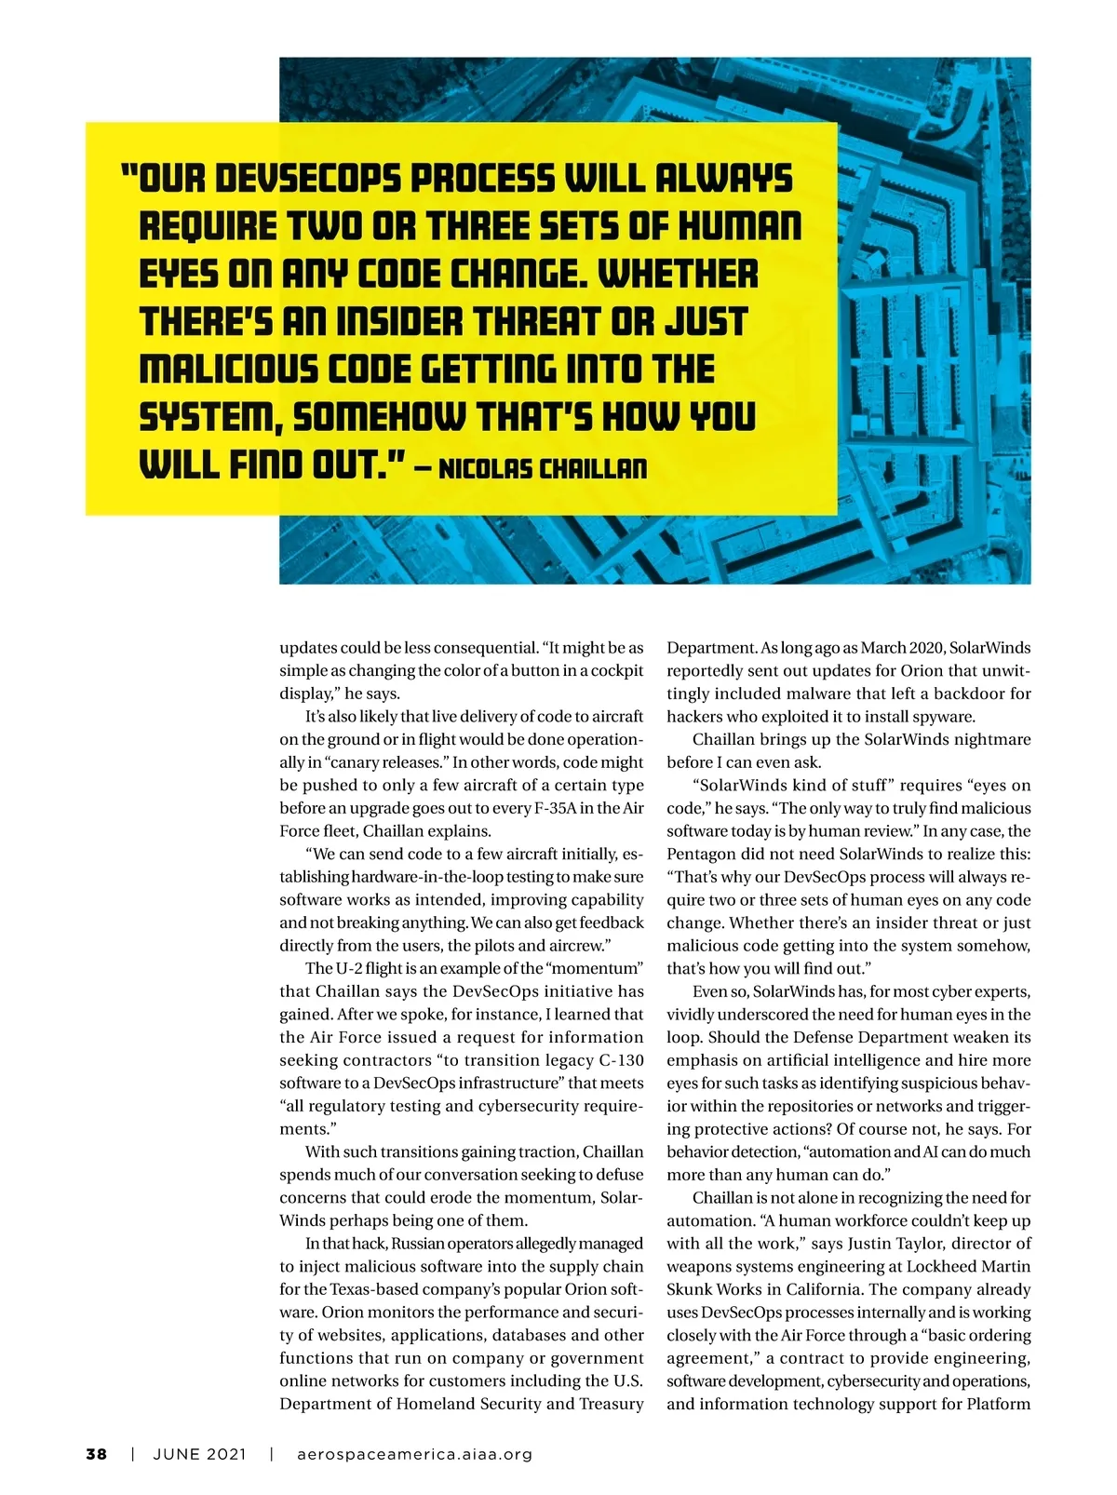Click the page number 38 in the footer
(97, 1454)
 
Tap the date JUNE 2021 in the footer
(200, 1454)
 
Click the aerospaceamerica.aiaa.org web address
(414, 1454)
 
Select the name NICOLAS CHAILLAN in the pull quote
(542, 466)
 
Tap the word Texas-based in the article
(355, 1289)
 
